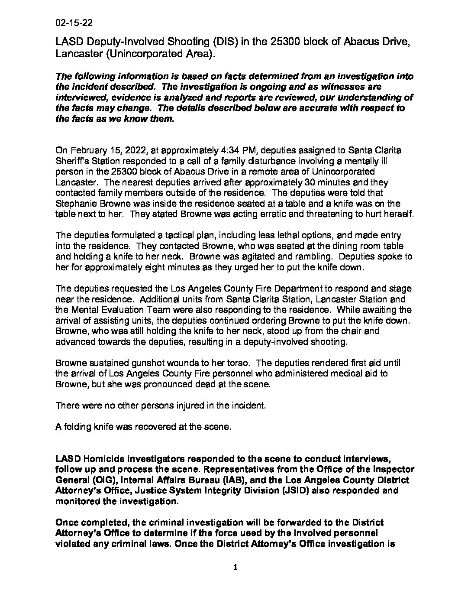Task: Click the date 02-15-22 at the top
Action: point(74,23)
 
